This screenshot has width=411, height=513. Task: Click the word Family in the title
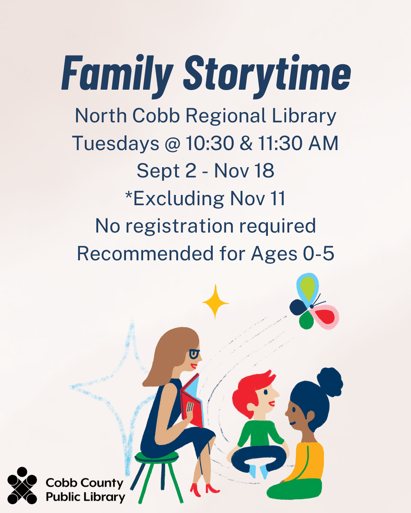(x=117, y=74)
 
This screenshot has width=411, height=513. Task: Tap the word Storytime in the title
(x=267, y=74)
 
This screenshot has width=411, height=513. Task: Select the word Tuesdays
(x=116, y=144)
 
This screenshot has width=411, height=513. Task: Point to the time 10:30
(x=210, y=144)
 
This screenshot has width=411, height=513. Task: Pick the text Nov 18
(x=244, y=171)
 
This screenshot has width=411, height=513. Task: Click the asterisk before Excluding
(x=129, y=195)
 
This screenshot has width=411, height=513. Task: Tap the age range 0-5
(x=318, y=253)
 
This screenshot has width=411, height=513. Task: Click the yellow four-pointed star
(x=215, y=302)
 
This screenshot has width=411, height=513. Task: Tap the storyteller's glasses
(x=194, y=354)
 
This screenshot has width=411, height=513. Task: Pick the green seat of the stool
(x=156, y=456)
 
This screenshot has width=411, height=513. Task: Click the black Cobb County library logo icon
(x=22, y=486)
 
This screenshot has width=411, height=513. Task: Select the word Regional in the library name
(x=226, y=116)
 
